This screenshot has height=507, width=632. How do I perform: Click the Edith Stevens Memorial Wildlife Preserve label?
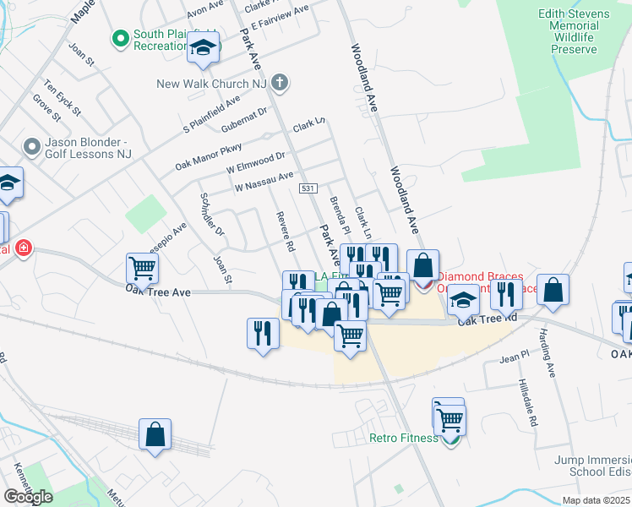(x=574, y=32)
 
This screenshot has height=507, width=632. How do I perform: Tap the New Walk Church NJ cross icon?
(x=281, y=83)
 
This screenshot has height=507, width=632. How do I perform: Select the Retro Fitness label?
(x=404, y=438)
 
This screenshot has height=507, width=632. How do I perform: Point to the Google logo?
(x=27, y=497)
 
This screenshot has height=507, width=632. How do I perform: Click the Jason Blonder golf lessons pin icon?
(x=32, y=148)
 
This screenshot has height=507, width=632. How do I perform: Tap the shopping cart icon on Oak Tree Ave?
(x=142, y=269)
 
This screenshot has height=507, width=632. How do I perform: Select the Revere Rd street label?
(x=285, y=232)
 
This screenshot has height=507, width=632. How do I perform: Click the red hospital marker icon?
(x=25, y=248)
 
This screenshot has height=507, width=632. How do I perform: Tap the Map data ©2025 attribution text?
(x=595, y=500)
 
